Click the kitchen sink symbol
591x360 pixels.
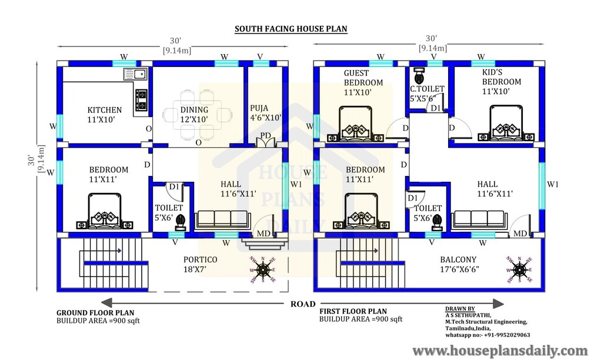pyautogui.click(x=135, y=74)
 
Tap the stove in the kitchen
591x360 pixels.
pyautogui.click(x=141, y=101)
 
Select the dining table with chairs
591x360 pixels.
pyautogui.click(x=198, y=114)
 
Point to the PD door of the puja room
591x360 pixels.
pyautogui.click(x=266, y=142)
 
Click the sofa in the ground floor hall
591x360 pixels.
pyautogui.click(x=222, y=221)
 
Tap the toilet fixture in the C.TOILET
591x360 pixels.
pyautogui.click(x=419, y=76)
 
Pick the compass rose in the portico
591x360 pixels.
pyautogui.click(x=262, y=269)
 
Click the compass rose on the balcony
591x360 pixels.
pyautogui.click(x=519, y=269)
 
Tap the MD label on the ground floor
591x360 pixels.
pyautogui.click(x=263, y=234)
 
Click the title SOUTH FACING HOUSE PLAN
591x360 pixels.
pyautogui.click(x=291, y=29)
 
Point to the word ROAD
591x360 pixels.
pyautogui.click(x=303, y=304)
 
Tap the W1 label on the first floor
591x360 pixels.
pyautogui.click(x=553, y=184)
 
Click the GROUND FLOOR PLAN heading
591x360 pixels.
pyautogui.click(x=95, y=313)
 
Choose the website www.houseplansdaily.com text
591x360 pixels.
pyautogui.click(x=500, y=351)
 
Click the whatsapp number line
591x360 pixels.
pyautogui.click(x=488, y=335)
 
